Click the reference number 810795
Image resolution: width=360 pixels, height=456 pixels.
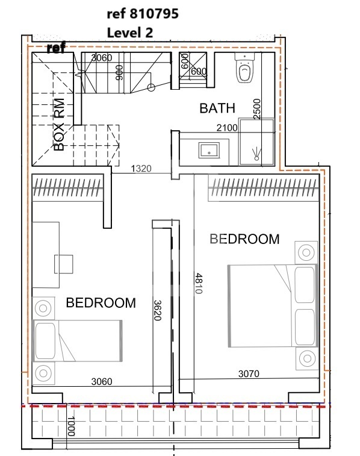pyautogui.click(x=154, y=14)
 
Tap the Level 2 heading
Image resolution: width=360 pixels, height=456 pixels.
pyautogui.click(x=130, y=33)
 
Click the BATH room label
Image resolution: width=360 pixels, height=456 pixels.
pyautogui.click(x=217, y=108)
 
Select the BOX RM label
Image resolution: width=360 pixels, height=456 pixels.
pyautogui.click(x=59, y=125)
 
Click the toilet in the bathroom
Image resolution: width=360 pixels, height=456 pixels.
pyautogui.click(x=244, y=68)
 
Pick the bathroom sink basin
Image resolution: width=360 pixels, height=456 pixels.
pyautogui.click(x=209, y=151)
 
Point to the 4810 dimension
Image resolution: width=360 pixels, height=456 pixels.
pyautogui.click(x=199, y=283)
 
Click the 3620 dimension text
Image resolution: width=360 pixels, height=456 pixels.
pyautogui.click(x=157, y=310)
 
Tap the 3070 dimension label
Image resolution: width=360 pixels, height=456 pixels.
pyautogui.click(x=249, y=373)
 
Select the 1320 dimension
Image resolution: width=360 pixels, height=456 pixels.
pyautogui.click(x=141, y=169)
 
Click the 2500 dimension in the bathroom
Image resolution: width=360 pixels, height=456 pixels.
pyautogui.click(x=257, y=109)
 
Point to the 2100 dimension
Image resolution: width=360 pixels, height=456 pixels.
pyautogui.click(x=227, y=128)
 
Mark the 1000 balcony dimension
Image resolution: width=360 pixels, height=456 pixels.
pyautogui.click(x=71, y=426)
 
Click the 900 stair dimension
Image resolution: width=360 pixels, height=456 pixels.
pyautogui.click(x=119, y=72)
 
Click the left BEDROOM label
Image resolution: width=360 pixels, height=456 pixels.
pyautogui.click(x=101, y=303)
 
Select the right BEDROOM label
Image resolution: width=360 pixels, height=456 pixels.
pyautogui.click(x=244, y=239)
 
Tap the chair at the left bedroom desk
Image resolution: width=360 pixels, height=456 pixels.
pyautogui.click(x=64, y=264)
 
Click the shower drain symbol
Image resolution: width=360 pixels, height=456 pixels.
pyautogui.click(x=256, y=154)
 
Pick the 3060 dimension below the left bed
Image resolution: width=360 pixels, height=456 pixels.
pyautogui.click(x=102, y=381)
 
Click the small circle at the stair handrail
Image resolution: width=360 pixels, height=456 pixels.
pyautogui.click(x=151, y=87)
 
